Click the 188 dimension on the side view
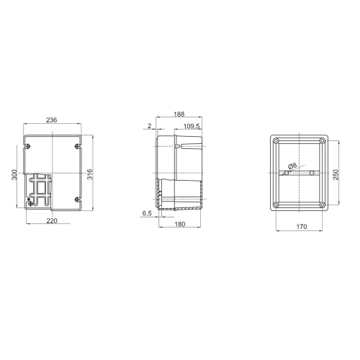[179, 114]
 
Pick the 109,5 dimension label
[192, 126]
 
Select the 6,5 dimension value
[146, 214]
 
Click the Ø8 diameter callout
[292, 166]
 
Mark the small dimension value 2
[149, 126]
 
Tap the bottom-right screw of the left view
[76, 199]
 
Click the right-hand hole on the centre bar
[312, 174]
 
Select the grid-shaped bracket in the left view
[39, 192]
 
